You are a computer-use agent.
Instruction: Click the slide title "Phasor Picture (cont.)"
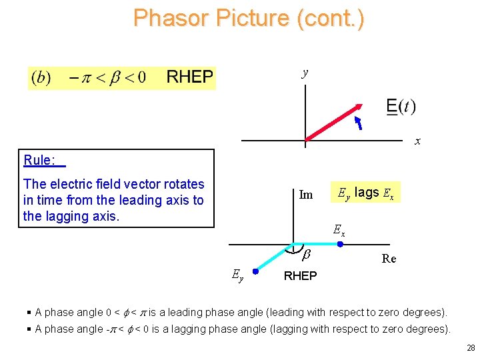[248, 18]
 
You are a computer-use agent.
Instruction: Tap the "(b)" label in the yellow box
[41, 77]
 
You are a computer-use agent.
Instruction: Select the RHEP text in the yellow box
[189, 77]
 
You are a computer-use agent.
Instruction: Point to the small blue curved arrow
[358, 123]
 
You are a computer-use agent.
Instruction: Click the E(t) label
[401, 107]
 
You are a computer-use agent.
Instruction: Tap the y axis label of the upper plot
[305, 73]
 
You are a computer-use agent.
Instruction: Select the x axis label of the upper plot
[417, 141]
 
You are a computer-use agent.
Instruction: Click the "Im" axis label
[306, 195]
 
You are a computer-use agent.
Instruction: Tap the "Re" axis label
[389, 259]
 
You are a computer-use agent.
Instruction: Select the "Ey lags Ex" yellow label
[365, 193]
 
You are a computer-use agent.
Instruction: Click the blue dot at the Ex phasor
[340, 245]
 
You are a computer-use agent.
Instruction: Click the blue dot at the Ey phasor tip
[255, 271]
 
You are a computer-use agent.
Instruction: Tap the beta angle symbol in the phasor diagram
[306, 254]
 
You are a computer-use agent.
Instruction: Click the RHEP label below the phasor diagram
[300, 276]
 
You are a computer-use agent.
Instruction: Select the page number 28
[471, 348]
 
